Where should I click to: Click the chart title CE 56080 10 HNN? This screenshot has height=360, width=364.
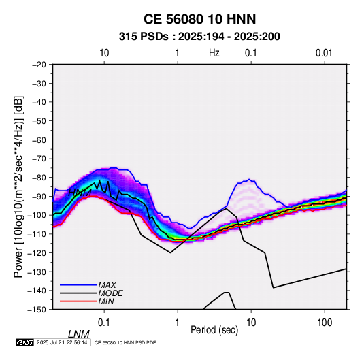tap(199, 19)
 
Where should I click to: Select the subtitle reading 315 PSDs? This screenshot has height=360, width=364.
tap(144, 37)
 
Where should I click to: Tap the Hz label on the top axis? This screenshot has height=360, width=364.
tap(214, 53)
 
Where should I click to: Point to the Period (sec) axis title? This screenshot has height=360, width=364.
tap(214, 330)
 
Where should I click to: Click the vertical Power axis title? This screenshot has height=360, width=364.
tap(18, 187)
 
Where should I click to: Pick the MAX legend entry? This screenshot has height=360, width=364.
tap(107, 285)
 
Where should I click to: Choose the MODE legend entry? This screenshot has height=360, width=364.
tap(110, 293)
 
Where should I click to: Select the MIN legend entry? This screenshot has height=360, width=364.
tap(106, 301)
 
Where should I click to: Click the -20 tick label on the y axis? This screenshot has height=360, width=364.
tap(39, 65)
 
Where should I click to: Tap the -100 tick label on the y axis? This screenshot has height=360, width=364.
tap(37, 215)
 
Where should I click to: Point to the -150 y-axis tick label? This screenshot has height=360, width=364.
tap(37, 310)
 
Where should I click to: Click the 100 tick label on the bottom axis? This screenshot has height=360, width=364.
tap(325, 323)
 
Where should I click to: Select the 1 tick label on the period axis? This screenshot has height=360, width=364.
tap(178, 323)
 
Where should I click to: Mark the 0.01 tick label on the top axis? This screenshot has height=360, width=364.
tap(324, 53)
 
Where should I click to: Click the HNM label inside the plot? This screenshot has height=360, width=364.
tap(80, 193)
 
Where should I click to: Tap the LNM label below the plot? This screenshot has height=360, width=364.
tap(78, 334)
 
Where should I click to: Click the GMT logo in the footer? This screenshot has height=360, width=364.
tap(24, 342)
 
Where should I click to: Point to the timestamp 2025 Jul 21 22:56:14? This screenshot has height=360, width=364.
tap(62, 342)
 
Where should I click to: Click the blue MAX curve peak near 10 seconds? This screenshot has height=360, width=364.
tap(249, 179)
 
